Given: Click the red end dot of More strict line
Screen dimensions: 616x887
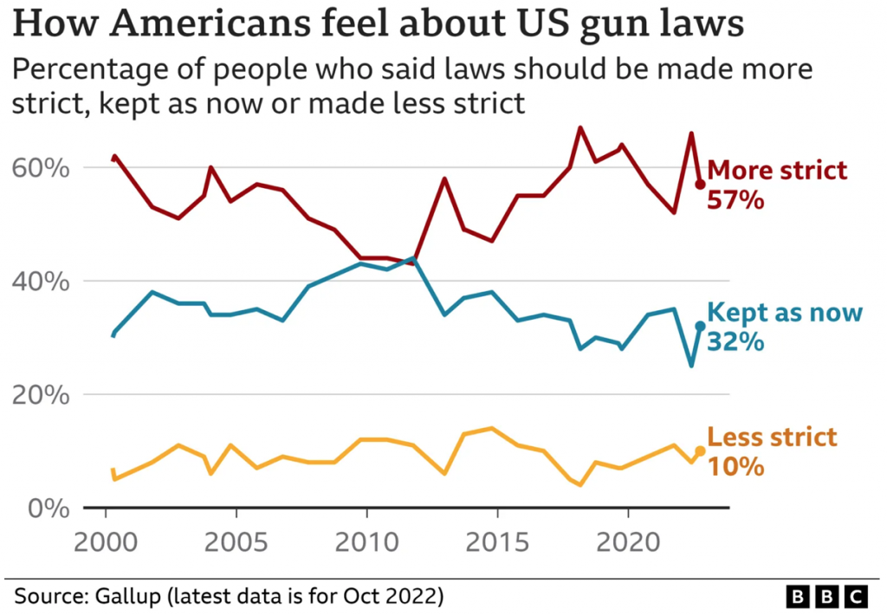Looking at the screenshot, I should pos(700,184).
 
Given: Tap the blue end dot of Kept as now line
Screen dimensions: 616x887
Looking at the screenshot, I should pos(700,326).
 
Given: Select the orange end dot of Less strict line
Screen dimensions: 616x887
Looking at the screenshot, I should pos(700,451).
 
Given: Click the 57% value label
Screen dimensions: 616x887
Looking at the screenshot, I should pos(735,201).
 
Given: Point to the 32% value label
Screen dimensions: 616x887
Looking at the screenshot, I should pos(735,341).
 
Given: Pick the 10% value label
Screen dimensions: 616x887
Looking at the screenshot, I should pos(735,468).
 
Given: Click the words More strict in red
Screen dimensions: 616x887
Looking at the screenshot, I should pos(777,170).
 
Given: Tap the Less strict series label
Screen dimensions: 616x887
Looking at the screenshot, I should pos(772,437).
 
